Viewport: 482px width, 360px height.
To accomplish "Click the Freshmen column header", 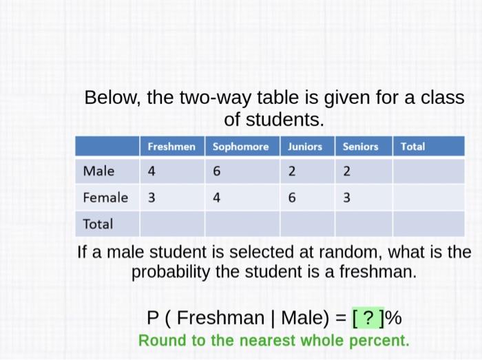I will [x=171, y=147].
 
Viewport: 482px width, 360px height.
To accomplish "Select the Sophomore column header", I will [x=240, y=147].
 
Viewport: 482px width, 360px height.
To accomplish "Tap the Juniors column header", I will [x=305, y=147].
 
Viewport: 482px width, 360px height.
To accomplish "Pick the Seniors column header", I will [x=360, y=147].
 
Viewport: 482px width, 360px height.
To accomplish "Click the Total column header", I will [x=412, y=147].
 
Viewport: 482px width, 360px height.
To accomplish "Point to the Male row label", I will [x=98, y=171].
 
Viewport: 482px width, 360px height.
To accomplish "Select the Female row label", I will [x=105, y=198].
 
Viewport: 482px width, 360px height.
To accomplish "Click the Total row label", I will [x=97, y=224].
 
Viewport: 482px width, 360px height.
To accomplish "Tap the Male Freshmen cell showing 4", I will [x=151, y=171].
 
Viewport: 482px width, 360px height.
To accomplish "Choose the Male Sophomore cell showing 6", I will [x=216, y=171].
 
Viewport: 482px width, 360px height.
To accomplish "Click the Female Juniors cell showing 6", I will [x=291, y=198].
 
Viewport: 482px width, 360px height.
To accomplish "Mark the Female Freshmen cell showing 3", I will [x=151, y=198].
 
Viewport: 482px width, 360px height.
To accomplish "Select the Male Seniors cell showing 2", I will [x=346, y=171].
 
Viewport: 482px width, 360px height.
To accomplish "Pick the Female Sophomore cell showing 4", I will [x=216, y=198].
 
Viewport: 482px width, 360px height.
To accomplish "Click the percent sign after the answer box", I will [x=393, y=318].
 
